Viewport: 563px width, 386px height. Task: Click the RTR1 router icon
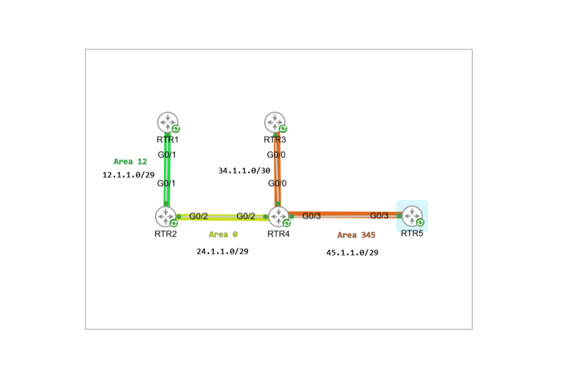pos(166,122)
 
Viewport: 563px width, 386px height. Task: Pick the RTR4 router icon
pos(278,216)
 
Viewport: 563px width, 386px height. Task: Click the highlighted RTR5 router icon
pos(412,215)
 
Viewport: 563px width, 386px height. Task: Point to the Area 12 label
pos(130,161)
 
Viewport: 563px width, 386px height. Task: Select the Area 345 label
pos(356,235)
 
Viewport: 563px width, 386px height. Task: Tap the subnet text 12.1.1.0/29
pos(128,175)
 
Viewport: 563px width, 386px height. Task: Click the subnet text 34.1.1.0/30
pos(244,171)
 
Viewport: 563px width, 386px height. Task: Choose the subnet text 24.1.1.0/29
pos(222,251)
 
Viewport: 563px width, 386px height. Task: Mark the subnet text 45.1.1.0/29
pos(352,252)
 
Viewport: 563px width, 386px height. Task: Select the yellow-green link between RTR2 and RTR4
pos(222,217)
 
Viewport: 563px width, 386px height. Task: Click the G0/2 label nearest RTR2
pos(199,216)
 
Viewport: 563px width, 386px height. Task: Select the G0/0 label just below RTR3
pos(276,155)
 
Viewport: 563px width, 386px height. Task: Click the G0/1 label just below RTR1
pos(167,155)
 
